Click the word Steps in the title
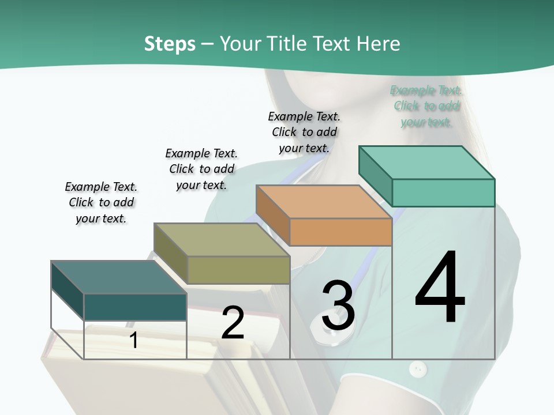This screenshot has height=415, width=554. pyautogui.click(x=170, y=44)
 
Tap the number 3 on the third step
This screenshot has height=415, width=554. pyautogui.click(x=338, y=305)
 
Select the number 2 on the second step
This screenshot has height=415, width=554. pyautogui.click(x=233, y=323)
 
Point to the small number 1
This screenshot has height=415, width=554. pyautogui.click(x=134, y=340)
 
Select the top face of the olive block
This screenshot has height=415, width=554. pyautogui.click(x=222, y=240)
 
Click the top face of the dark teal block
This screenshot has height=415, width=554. pyautogui.click(x=119, y=277)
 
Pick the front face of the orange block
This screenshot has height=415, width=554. pyautogui.click(x=340, y=232)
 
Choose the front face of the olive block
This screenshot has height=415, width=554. pyautogui.click(x=238, y=270)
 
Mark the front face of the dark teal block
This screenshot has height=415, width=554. pyautogui.click(x=135, y=307)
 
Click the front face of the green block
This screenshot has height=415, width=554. pyautogui.click(x=443, y=193)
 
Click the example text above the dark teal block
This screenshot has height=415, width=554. pyautogui.click(x=101, y=202)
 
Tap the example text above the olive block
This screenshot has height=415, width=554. pyautogui.click(x=201, y=169)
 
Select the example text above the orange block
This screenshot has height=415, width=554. pyautogui.click(x=304, y=132)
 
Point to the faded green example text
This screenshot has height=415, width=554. pyautogui.click(x=426, y=106)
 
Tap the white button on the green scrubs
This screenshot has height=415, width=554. pyautogui.click(x=417, y=368)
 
